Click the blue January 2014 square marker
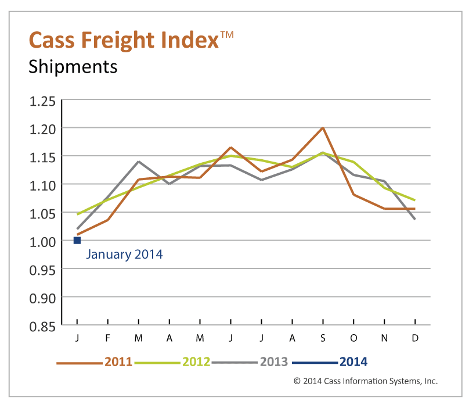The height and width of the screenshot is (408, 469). coord(77,240)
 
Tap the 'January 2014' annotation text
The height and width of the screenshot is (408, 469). coord(124,254)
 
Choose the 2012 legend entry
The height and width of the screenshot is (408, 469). coord(196,362)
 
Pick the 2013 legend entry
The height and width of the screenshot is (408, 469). coord(273,362)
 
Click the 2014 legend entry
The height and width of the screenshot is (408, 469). coord(353,362)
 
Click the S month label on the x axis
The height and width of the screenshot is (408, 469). coord(323,338)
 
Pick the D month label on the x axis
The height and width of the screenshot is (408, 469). coord(415,338)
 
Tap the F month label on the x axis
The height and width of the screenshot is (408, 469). coord(108,338)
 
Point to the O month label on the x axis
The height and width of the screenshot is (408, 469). coord(353,338)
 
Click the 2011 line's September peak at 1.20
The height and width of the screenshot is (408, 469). coord(323,127)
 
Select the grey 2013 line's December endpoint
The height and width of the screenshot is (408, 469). coord(415,219)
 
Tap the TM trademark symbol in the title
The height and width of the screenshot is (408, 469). coord(227,35)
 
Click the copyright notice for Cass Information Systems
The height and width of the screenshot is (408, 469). coord(366,381)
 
